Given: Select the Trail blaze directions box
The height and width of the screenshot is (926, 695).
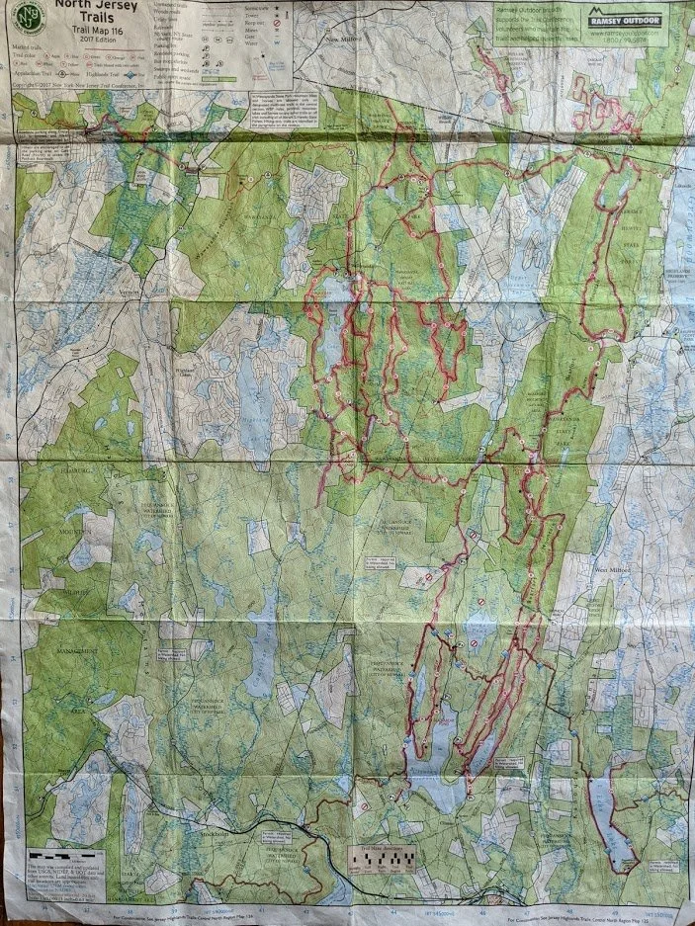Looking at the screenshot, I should point(381,856).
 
